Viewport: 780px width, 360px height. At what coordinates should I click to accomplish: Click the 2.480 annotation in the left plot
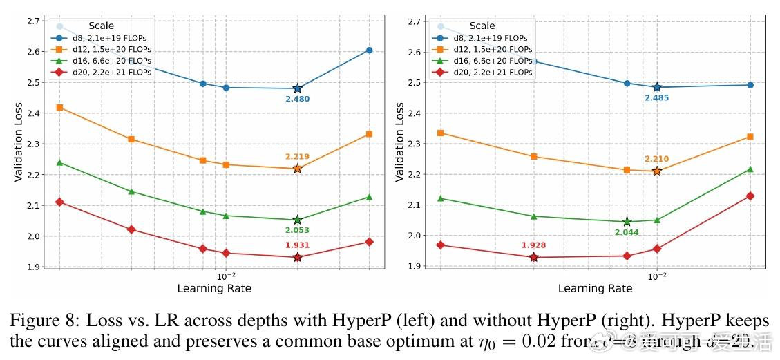click(297, 100)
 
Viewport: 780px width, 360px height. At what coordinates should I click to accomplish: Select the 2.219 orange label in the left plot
click(297, 157)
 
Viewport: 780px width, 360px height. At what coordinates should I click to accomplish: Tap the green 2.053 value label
click(297, 231)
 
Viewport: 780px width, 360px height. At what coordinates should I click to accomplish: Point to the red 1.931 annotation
click(297, 245)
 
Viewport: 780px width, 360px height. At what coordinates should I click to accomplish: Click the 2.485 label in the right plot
click(656, 98)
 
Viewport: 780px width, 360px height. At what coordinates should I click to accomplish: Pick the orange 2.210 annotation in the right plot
click(656, 159)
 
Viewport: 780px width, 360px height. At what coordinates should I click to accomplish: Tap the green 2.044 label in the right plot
click(627, 232)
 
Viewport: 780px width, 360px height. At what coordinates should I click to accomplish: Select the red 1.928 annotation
click(533, 245)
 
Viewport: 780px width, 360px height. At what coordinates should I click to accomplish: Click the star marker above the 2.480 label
click(297, 88)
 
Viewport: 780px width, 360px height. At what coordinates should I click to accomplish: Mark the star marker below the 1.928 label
click(533, 257)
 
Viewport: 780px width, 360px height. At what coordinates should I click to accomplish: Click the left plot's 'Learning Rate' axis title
click(214, 288)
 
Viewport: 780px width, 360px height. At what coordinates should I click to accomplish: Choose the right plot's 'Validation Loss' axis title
click(399, 142)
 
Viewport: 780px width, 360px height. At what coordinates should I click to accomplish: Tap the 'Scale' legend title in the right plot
click(482, 26)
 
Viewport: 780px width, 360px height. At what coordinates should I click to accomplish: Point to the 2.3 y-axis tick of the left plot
click(32, 144)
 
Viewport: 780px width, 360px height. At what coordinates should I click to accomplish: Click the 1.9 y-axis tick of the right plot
click(413, 266)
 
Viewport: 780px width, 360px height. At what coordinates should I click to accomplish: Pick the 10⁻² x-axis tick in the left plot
click(226, 276)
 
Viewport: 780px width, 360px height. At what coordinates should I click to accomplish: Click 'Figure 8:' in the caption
click(35, 321)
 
